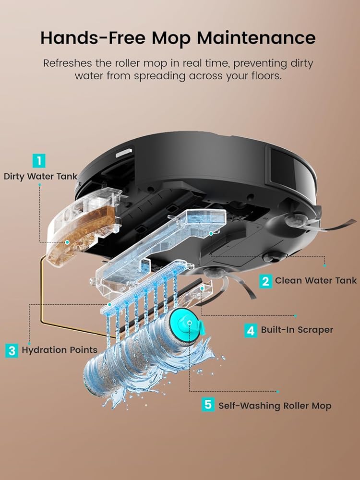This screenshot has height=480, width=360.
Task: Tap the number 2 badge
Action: tap(265, 281)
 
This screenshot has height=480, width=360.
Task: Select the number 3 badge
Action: tap(12, 350)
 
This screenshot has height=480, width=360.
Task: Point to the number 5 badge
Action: tap(208, 405)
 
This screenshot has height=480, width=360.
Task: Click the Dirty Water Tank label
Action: tap(41, 176)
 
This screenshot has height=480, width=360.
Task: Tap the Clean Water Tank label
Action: tap(316, 281)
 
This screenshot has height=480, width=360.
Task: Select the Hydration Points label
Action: tap(60, 350)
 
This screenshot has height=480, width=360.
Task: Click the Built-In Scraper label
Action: tap(297, 330)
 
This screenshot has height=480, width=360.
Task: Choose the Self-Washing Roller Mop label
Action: tap(275, 406)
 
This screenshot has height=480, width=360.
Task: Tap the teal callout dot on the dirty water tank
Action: tap(67, 243)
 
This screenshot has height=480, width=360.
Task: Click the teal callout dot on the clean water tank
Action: tap(211, 233)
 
